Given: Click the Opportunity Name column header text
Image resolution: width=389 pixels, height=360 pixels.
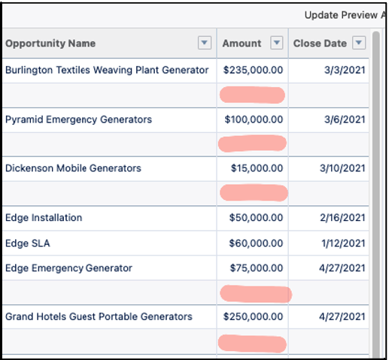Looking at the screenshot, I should coord(50,44).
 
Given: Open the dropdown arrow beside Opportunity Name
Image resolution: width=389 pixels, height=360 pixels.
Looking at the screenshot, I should coord(205,44).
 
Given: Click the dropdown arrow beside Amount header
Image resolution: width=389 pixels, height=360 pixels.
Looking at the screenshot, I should coord(276,44).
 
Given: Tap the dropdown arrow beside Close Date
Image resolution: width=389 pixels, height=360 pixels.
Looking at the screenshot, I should coord(358,44).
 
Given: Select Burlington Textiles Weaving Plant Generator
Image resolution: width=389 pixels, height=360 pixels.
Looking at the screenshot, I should coord(107,70).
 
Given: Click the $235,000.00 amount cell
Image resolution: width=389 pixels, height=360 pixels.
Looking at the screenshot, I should coord(254,70).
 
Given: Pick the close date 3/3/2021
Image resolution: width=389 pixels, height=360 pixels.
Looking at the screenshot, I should coord(347,70).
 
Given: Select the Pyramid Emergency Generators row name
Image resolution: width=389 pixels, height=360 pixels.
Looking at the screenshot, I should coord(78,119).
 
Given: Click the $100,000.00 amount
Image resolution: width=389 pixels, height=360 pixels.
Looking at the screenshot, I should coord(254,119).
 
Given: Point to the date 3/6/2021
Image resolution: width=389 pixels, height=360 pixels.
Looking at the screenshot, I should coord(347,119).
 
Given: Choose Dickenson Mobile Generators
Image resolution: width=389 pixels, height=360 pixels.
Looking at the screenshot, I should coord(73,168).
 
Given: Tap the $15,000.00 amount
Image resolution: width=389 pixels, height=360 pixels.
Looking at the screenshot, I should coord(256,168).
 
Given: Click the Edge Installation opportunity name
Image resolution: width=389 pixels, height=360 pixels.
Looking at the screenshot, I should coord(44,218).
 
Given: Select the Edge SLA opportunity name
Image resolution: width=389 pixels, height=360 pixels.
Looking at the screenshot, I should coord(28,244).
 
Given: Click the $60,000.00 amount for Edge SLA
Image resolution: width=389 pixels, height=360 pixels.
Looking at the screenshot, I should coord(256,244).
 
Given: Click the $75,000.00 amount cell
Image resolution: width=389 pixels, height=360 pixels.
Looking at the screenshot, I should coord(256,268).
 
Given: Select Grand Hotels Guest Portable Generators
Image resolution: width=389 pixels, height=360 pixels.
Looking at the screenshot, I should coord(99,316).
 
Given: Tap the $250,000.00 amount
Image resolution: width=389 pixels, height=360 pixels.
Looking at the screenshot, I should coord(254,316).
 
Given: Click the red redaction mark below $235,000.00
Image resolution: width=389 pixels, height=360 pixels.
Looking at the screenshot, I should coord(252,95).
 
